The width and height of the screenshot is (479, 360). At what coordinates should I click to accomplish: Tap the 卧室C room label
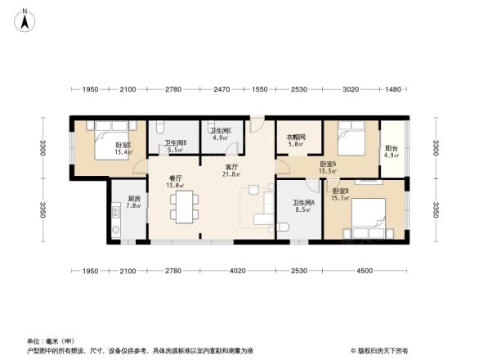coord(123,148)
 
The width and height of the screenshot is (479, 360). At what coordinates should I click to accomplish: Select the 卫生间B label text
coord(176,146)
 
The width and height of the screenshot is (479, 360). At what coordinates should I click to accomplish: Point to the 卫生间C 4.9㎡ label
coord(221,134)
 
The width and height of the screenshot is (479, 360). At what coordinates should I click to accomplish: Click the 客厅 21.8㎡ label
coord(232,170)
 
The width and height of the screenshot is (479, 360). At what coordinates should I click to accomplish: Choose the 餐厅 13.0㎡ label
coord(176,182)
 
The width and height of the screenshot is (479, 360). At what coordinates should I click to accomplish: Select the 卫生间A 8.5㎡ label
coord(303,206)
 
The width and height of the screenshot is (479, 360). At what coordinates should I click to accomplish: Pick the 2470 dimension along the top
coord(223,89)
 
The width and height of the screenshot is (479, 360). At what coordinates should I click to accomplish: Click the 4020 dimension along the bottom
coord(237,271)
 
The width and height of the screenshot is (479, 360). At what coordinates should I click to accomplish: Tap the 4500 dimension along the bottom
coord(362,271)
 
